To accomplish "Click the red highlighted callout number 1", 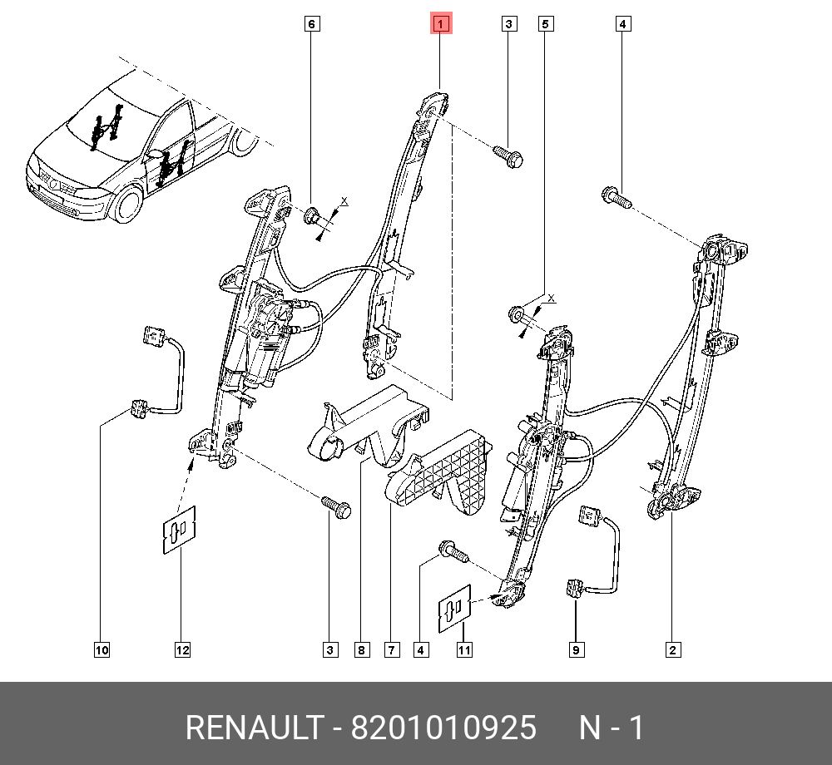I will (x=440, y=24).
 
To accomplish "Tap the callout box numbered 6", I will (x=311, y=24).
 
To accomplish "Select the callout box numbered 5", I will (x=545, y=24).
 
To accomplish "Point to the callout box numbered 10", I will (x=102, y=650).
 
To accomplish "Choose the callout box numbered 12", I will (x=182, y=650).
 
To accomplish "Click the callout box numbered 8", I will (x=360, y=650).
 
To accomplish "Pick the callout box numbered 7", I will (x=392, y=650).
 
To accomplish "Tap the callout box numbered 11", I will (x=463, y=650).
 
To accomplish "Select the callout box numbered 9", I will (x=576, y=650).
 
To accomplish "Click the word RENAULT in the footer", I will (x=251, y=728).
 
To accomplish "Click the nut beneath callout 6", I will (x=313, y=217).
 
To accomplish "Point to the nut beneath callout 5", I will (x=518, y=315).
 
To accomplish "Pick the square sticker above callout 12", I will (x=179, y=529).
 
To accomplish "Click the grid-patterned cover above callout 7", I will (x=445, y=471).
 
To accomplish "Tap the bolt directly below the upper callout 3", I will (x=507, y=156).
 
